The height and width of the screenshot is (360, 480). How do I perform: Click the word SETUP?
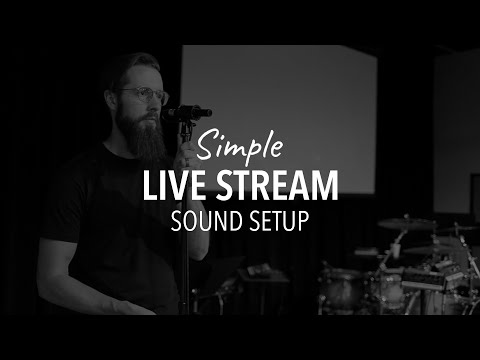[274, 220]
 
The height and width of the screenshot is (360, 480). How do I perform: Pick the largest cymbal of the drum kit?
[406, 223]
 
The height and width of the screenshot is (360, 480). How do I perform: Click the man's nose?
[157, 102]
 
